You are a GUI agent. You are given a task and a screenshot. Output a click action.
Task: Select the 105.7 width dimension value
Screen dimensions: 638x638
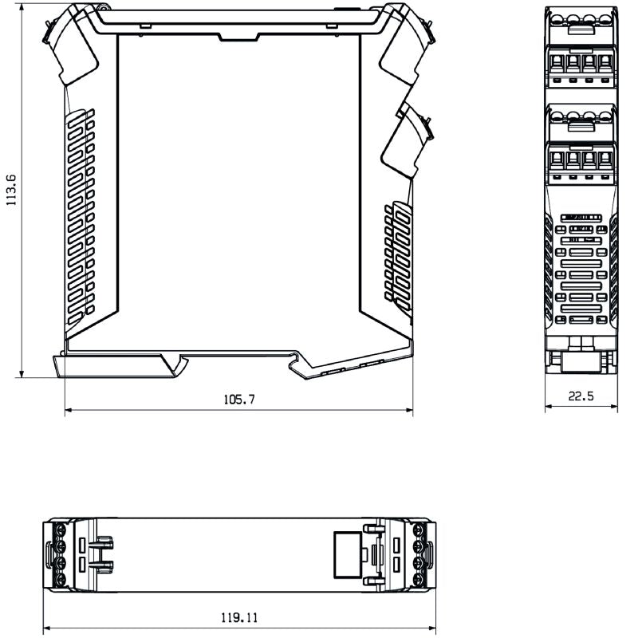coord(239,400)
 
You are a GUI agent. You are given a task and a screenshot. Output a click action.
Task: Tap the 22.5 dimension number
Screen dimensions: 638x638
coord(581,396)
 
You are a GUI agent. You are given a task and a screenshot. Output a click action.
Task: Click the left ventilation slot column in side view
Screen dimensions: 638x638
coord(80,215)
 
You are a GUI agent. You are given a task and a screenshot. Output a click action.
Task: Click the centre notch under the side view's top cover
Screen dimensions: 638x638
coord(238,36)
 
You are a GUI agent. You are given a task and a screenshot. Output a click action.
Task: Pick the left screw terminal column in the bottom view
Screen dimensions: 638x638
coord(58,554)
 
